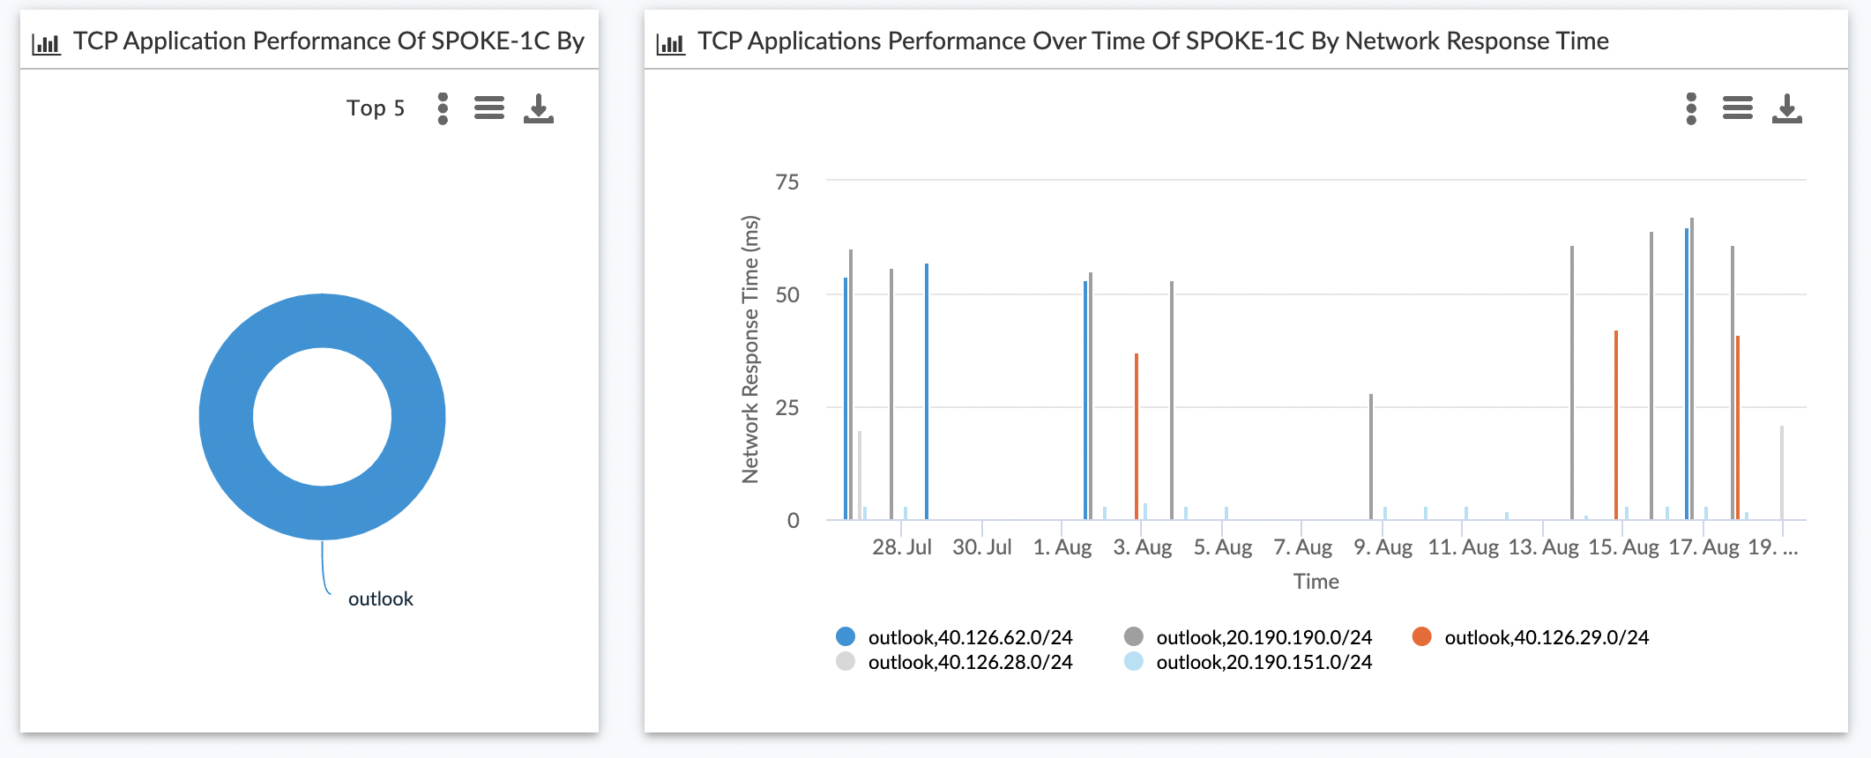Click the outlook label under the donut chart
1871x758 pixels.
tap(380, 599)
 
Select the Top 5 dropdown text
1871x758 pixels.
tap(376, 108)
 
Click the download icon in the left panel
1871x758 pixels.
tap(538, 108)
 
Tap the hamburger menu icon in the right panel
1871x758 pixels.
tap(1737, 108)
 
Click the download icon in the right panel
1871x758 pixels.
tap(1786, 108)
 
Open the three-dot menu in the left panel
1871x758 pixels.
tap(443, 108)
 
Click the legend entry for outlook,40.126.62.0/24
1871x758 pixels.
tap(969, 637)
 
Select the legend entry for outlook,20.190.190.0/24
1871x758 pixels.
tap(1263, 637)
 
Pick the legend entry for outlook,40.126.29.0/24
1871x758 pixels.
tap(1546, 637)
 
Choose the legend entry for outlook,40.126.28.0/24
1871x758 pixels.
tap(969, 662)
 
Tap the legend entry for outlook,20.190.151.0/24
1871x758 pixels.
tap(1263, 662)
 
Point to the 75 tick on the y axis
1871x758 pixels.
tap(787, 182)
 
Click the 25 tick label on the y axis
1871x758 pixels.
tap(787, 407)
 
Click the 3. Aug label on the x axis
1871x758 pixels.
tap(1143, 547)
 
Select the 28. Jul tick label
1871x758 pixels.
tap(902, 547)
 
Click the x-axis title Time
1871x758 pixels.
tap(1316, 582)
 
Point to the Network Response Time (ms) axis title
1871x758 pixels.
tap(750, 350)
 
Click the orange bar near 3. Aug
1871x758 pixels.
tap(1137, 436)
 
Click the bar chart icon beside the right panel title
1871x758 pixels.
tap(670, 42)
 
